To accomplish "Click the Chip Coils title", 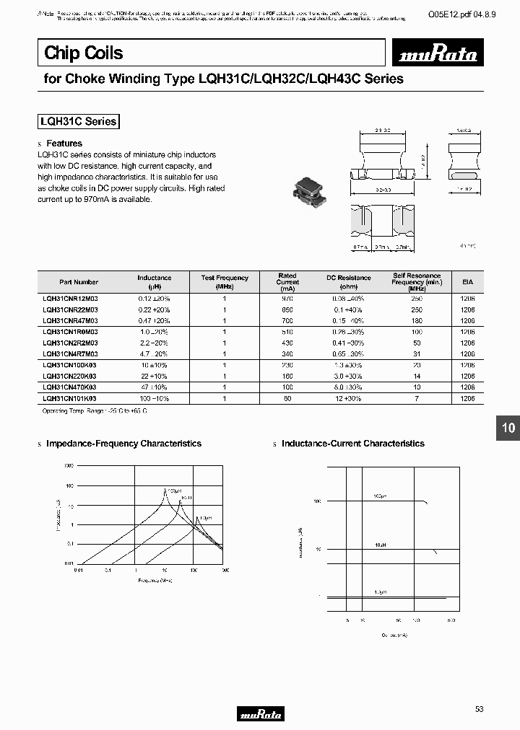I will tap(84, 53).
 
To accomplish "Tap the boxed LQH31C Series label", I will tap(77, 122).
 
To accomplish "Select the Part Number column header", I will tap(79, 282).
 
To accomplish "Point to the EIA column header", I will tap(467, 282).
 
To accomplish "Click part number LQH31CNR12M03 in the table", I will tap(70, 298).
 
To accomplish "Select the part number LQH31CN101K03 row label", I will tap(70, 397).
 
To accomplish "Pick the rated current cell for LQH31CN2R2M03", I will tap(287, 343).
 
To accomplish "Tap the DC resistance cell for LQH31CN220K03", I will tap(348, 377).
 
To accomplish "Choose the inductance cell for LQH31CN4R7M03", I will tap(154, 354).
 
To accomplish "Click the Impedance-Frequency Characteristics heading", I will tap(123, 444).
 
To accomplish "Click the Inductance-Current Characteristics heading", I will tap(352, 444).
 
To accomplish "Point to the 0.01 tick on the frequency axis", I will tap(78, 570).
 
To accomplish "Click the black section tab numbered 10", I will tap(508, 428).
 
